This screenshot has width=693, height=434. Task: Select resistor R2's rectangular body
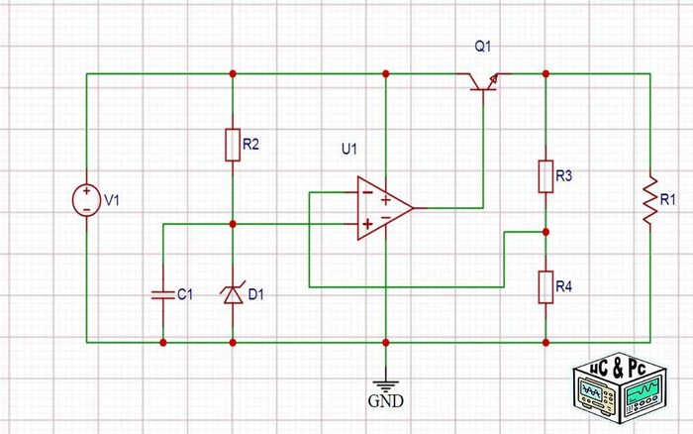232,146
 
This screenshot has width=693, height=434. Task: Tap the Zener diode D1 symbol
232,293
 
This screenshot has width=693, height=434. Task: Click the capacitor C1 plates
162,293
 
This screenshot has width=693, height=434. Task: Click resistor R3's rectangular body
545,176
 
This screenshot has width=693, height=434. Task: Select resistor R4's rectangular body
545,286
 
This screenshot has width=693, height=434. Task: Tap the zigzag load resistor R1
649,201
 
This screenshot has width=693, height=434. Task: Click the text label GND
384,404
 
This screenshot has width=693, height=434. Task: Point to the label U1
347,150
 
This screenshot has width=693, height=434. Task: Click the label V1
113,201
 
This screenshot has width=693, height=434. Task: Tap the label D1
257,294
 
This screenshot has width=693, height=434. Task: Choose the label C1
184,294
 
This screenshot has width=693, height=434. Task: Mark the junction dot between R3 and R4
545,232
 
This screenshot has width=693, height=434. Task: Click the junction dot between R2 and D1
232,225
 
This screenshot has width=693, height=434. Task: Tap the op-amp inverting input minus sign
366,191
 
